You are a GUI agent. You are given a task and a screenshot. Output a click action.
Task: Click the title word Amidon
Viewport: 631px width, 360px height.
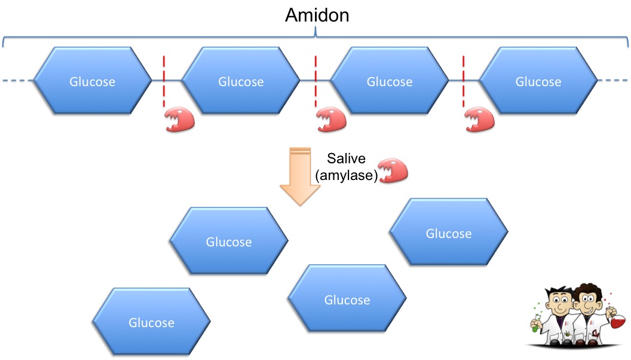click(316, 15)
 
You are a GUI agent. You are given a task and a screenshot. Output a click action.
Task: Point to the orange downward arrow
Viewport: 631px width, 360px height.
click(300, 176)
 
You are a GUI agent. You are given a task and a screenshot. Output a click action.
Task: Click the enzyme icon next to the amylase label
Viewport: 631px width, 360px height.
click(394, 170)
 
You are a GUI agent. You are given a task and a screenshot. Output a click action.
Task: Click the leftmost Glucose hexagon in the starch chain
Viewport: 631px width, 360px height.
click(93, 81)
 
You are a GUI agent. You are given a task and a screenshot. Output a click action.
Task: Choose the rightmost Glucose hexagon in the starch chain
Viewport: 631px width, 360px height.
click(538, 81)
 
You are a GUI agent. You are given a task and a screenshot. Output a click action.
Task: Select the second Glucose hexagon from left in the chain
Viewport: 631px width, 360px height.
click(241, 81)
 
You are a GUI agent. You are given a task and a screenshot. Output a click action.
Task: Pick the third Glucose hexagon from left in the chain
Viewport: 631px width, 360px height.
click(390, 81)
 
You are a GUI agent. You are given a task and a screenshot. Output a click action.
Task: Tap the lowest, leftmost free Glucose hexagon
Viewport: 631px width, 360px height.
click(152, 322)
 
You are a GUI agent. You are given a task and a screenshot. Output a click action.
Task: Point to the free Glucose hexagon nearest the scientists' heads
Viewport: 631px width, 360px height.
click(448, 233)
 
